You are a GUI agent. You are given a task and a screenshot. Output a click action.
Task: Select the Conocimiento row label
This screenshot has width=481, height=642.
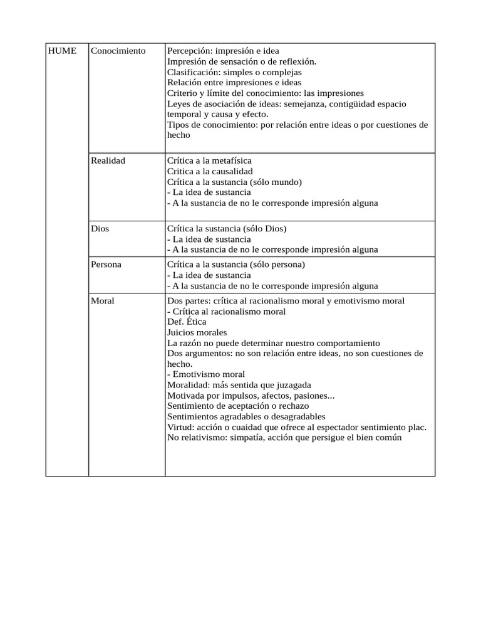118,51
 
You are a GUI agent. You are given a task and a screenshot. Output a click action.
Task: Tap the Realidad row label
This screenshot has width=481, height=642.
108,161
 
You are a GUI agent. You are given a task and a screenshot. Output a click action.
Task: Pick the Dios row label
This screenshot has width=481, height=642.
100,229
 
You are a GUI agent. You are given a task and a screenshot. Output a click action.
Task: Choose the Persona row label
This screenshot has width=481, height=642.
106,265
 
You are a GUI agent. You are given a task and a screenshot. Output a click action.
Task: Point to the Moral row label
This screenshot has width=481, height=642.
102,301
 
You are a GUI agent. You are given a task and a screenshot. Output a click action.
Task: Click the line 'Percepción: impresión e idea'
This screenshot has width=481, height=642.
223,51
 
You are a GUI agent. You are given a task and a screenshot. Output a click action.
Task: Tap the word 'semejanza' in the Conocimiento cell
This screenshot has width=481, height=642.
304,104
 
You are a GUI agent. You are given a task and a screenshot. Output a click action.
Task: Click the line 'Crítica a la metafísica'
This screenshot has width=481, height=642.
209,161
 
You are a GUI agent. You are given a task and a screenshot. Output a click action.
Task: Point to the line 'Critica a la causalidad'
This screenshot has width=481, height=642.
210,171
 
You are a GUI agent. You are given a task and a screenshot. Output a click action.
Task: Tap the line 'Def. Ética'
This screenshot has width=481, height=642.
187,322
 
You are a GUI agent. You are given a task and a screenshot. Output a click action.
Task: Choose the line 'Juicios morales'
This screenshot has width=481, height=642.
197,332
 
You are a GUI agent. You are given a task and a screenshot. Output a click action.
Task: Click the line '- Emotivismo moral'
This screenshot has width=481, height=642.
205,375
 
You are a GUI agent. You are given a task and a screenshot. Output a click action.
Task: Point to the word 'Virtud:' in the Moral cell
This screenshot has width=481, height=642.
181,428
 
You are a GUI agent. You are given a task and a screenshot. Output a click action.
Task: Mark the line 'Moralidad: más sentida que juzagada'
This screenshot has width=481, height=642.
239,385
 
